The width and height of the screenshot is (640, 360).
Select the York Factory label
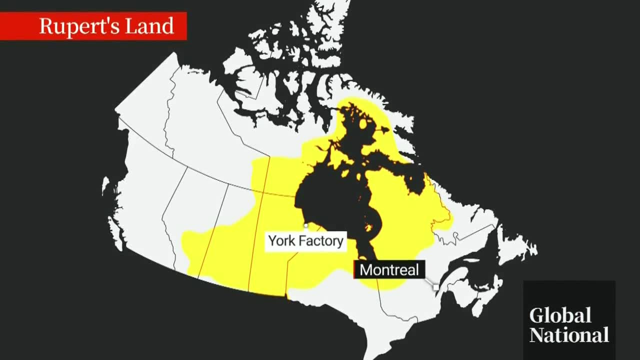coord(305,241)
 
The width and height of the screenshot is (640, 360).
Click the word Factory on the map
coord(323,241)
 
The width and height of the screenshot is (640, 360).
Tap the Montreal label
coord(389,270)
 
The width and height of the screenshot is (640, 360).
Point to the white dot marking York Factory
coord(306,226)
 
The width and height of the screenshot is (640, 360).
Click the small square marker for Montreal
coord(435,287)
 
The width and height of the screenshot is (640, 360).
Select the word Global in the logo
coord(560,315)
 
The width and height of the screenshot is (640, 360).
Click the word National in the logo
coord(569,334)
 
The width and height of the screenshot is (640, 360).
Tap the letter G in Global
coord(536,315)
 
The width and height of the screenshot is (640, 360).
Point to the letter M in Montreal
coord(365,270)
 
